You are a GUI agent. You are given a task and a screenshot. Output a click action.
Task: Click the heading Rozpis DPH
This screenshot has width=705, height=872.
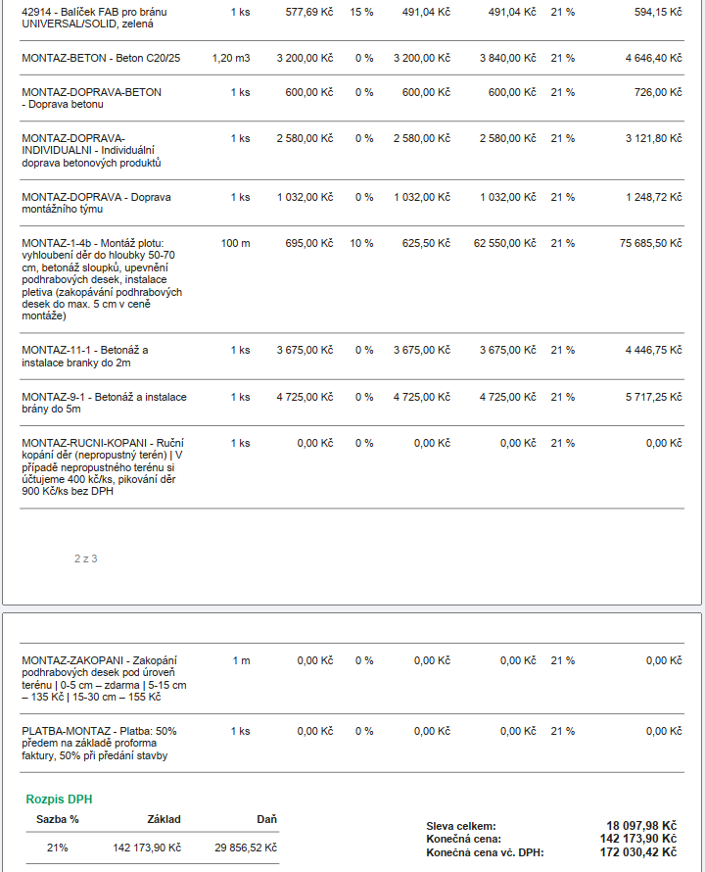59,799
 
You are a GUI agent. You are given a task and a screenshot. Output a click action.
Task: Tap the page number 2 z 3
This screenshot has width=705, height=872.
85,558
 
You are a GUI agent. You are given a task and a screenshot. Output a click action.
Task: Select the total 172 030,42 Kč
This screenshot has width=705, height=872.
638,852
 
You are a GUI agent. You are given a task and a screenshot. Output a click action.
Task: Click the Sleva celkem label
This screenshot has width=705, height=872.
461,826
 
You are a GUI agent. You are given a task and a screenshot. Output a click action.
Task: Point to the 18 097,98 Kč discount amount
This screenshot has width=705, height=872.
641,826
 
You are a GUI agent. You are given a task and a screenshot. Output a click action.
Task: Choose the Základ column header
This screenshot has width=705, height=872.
164,819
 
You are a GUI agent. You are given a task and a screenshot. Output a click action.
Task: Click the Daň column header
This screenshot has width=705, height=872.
267,819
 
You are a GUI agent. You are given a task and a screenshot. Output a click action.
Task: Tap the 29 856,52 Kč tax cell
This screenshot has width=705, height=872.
246,848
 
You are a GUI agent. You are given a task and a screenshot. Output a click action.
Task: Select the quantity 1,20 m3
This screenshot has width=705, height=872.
231,58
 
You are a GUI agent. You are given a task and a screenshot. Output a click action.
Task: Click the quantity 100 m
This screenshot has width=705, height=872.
235,243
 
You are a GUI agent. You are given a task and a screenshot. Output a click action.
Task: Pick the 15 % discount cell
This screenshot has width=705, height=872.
361,12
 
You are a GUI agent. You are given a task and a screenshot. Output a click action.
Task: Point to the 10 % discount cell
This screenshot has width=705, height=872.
361,243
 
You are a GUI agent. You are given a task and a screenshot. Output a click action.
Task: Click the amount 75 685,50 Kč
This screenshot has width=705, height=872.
650,243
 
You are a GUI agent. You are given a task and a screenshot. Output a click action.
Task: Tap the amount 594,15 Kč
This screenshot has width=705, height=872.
658,12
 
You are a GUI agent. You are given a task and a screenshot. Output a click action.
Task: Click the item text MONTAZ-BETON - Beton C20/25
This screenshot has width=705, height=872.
101,58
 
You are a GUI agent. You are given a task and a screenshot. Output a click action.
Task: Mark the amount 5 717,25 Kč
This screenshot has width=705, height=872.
654,397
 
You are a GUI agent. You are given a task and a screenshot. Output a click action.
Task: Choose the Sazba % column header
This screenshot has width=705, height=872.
57,819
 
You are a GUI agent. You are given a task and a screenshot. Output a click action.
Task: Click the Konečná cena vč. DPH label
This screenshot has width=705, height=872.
485,852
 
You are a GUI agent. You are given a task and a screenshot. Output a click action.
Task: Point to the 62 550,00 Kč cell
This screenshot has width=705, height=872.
505,243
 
